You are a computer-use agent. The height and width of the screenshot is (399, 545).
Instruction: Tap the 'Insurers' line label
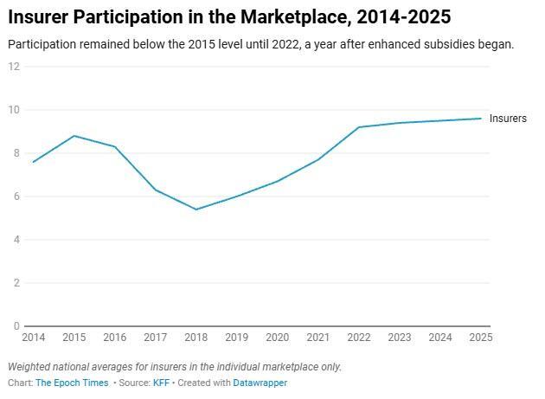508,119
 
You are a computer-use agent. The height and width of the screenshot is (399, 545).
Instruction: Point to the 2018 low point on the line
196,209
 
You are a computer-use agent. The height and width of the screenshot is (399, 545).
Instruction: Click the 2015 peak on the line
74,136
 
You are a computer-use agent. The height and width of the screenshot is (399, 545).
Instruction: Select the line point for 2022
359,127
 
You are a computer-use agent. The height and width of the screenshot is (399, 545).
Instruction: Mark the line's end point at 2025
481,119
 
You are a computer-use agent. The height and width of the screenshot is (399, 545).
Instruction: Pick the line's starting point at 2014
34,162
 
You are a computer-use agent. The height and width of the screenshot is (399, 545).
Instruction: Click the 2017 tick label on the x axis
155,338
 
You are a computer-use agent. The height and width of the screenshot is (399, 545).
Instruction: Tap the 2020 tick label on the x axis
277,338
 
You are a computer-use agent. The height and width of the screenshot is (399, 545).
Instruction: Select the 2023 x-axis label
399,338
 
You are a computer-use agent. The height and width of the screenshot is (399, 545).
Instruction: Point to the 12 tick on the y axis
14,67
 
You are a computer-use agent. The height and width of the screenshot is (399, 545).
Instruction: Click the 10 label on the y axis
14,110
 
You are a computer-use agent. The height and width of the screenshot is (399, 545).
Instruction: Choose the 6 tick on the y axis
16,196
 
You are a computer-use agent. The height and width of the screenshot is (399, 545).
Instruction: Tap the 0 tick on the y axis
16,326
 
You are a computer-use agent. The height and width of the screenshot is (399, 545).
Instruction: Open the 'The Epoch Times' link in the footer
72,383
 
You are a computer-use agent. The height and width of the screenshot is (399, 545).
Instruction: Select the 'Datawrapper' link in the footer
260,383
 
